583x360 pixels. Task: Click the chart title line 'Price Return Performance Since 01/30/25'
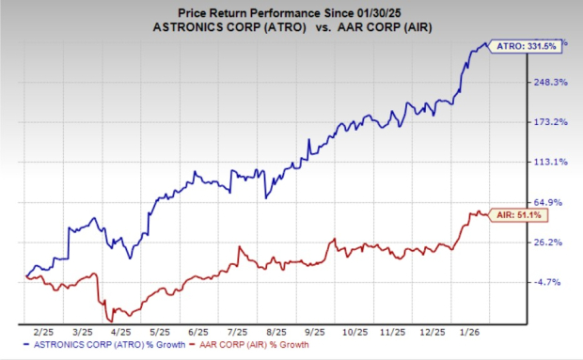[291, 10]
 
